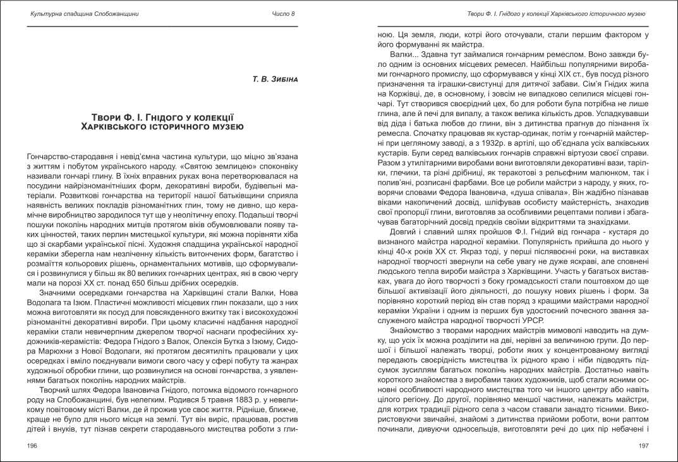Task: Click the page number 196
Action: coord(33,446)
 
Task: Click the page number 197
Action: coord(644,446)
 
